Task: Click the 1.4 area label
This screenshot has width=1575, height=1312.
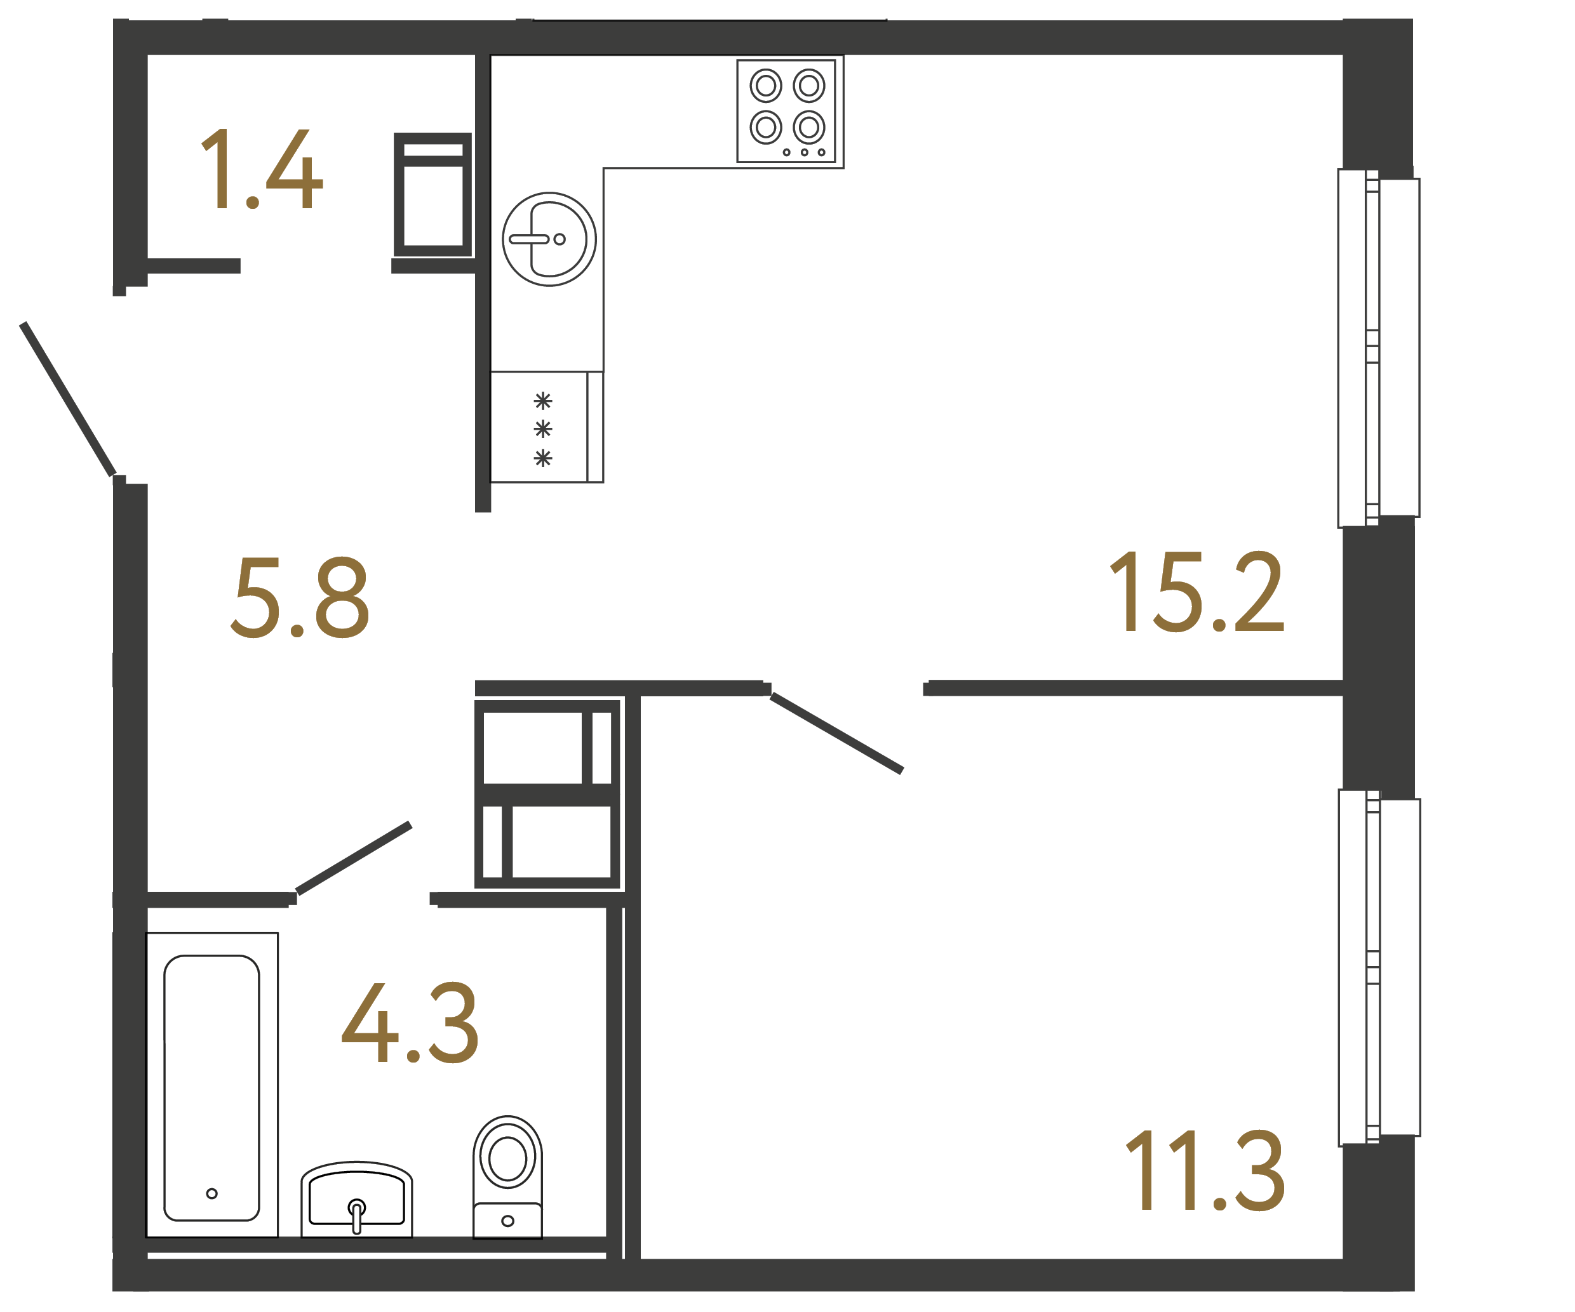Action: (261, 169)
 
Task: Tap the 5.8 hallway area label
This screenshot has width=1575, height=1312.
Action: (299, 597)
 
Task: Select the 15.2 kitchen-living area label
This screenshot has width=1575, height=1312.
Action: (1196, 592)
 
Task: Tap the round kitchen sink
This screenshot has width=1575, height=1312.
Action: (549, 239)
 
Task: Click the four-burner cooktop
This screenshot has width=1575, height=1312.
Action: (786, 110)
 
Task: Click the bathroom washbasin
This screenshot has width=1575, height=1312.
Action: (356, 1200)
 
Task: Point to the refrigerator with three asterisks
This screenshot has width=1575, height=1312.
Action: (546, 427)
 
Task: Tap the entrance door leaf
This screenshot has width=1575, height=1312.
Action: (67, 399)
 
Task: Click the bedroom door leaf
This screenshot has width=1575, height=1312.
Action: (836, 733)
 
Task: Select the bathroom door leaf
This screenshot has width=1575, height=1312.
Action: (354, 858)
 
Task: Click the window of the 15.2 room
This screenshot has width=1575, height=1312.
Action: (1377, 348)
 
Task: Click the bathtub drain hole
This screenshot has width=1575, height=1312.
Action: (211, 1193)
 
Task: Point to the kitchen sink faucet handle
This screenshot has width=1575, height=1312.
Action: (530, 239)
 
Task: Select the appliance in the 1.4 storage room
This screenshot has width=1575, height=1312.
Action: (432, 195)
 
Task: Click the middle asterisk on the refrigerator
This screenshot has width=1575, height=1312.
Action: (543, 429)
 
